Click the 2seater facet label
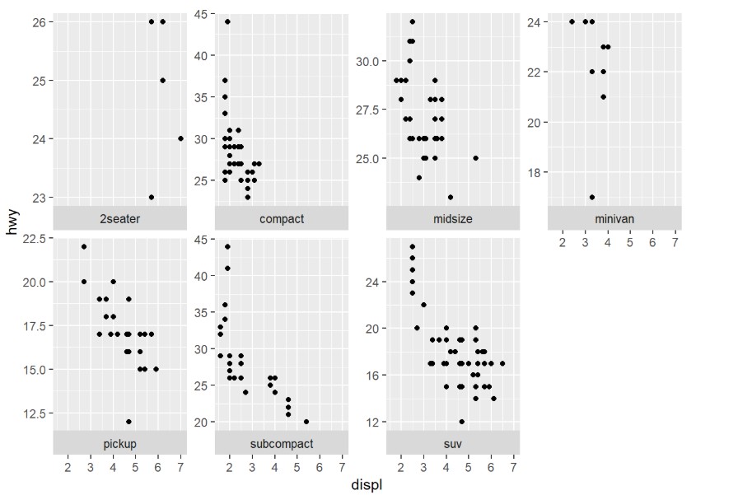[119, 218]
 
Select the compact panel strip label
[281, 218]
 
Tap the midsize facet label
[452, 218]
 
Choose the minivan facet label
[614, 218]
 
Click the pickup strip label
[119, 444]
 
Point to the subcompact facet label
[281, 444]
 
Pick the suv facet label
[452, 444]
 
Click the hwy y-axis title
[11, 222]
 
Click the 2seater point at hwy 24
[180, 138]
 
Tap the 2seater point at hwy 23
[152, 197]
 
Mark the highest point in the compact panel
[227, 21]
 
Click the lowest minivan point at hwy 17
[592, 197]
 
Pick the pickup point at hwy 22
[84, 246]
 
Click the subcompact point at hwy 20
[306, 422]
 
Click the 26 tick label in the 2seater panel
[40, 21]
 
